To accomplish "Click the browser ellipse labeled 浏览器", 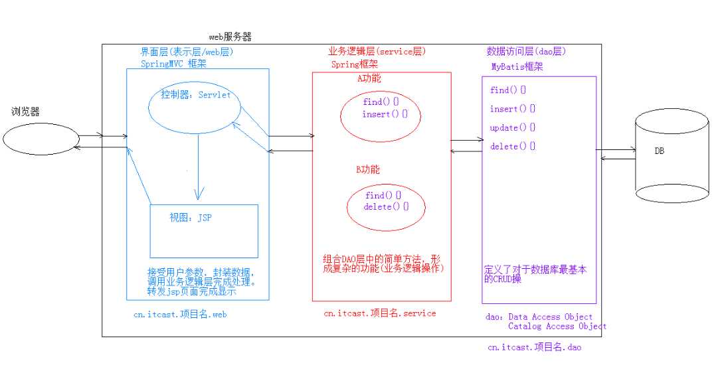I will tap(41, 139).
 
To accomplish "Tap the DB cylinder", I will tap(672, 157).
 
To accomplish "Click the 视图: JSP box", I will tap(204, 230).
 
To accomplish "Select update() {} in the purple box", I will tap(512, 127).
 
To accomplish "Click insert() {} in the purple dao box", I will tap(512, 109).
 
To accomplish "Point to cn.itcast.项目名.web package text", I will tap(180, 315).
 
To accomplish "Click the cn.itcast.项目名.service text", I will tap(379, 313).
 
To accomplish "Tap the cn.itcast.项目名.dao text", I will tap(534, 347).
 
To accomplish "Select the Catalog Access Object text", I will tap(557, 327).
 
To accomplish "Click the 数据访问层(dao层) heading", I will tap(526, 51).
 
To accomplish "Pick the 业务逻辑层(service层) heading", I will tap(377, 51).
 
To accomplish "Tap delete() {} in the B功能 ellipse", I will tap(385, 207).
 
